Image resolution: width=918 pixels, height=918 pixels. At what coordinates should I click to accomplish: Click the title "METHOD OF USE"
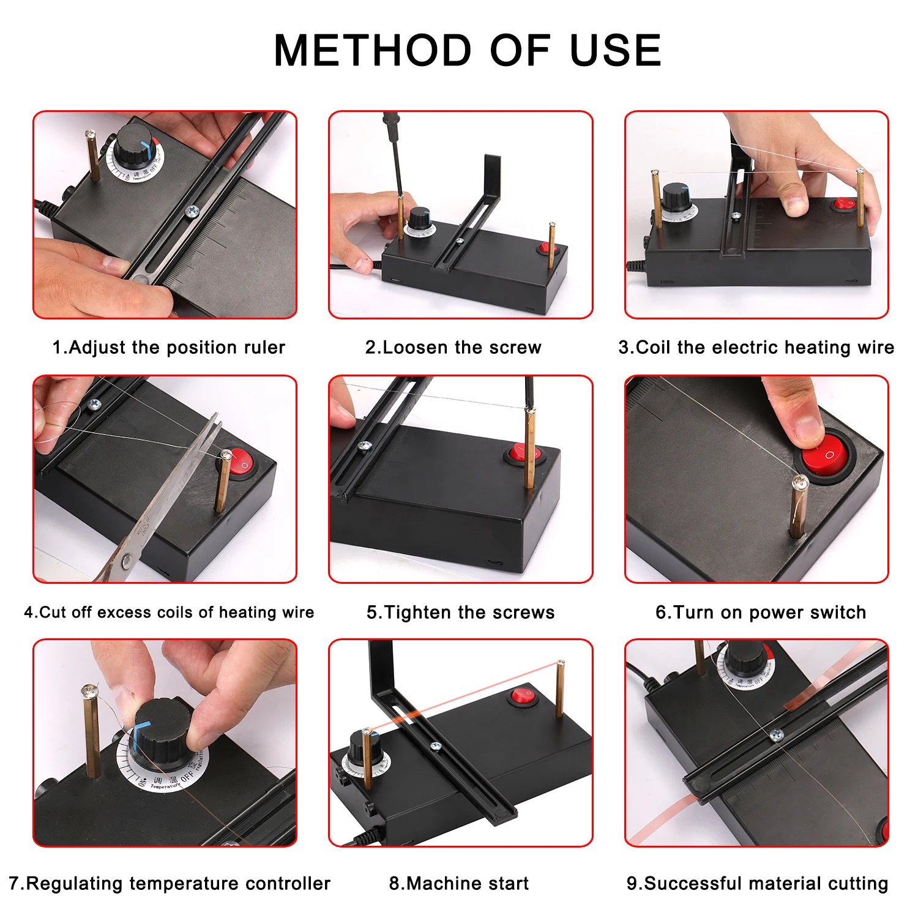[x=468, y=50]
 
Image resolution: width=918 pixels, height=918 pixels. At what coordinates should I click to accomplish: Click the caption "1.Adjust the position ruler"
[x=168, y=348]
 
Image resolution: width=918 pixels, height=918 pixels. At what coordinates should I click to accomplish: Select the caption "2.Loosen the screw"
[x=453, y=348]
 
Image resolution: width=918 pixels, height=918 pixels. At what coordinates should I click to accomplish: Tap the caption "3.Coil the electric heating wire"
[x=756, y=348]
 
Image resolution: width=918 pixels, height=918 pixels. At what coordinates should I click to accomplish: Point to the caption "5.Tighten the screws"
[x=460, y=613]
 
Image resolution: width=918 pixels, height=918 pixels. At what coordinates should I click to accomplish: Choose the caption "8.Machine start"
[x=459, y=884]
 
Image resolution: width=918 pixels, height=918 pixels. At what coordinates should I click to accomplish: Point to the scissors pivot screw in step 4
[x=126, y=560]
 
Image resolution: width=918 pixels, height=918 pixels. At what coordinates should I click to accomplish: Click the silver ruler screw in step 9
[x=777, y=735]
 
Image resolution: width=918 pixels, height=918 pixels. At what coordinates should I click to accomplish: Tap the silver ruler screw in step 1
[x=192, y=211]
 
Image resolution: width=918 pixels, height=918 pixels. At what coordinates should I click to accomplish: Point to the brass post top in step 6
[x=800, y=483]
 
